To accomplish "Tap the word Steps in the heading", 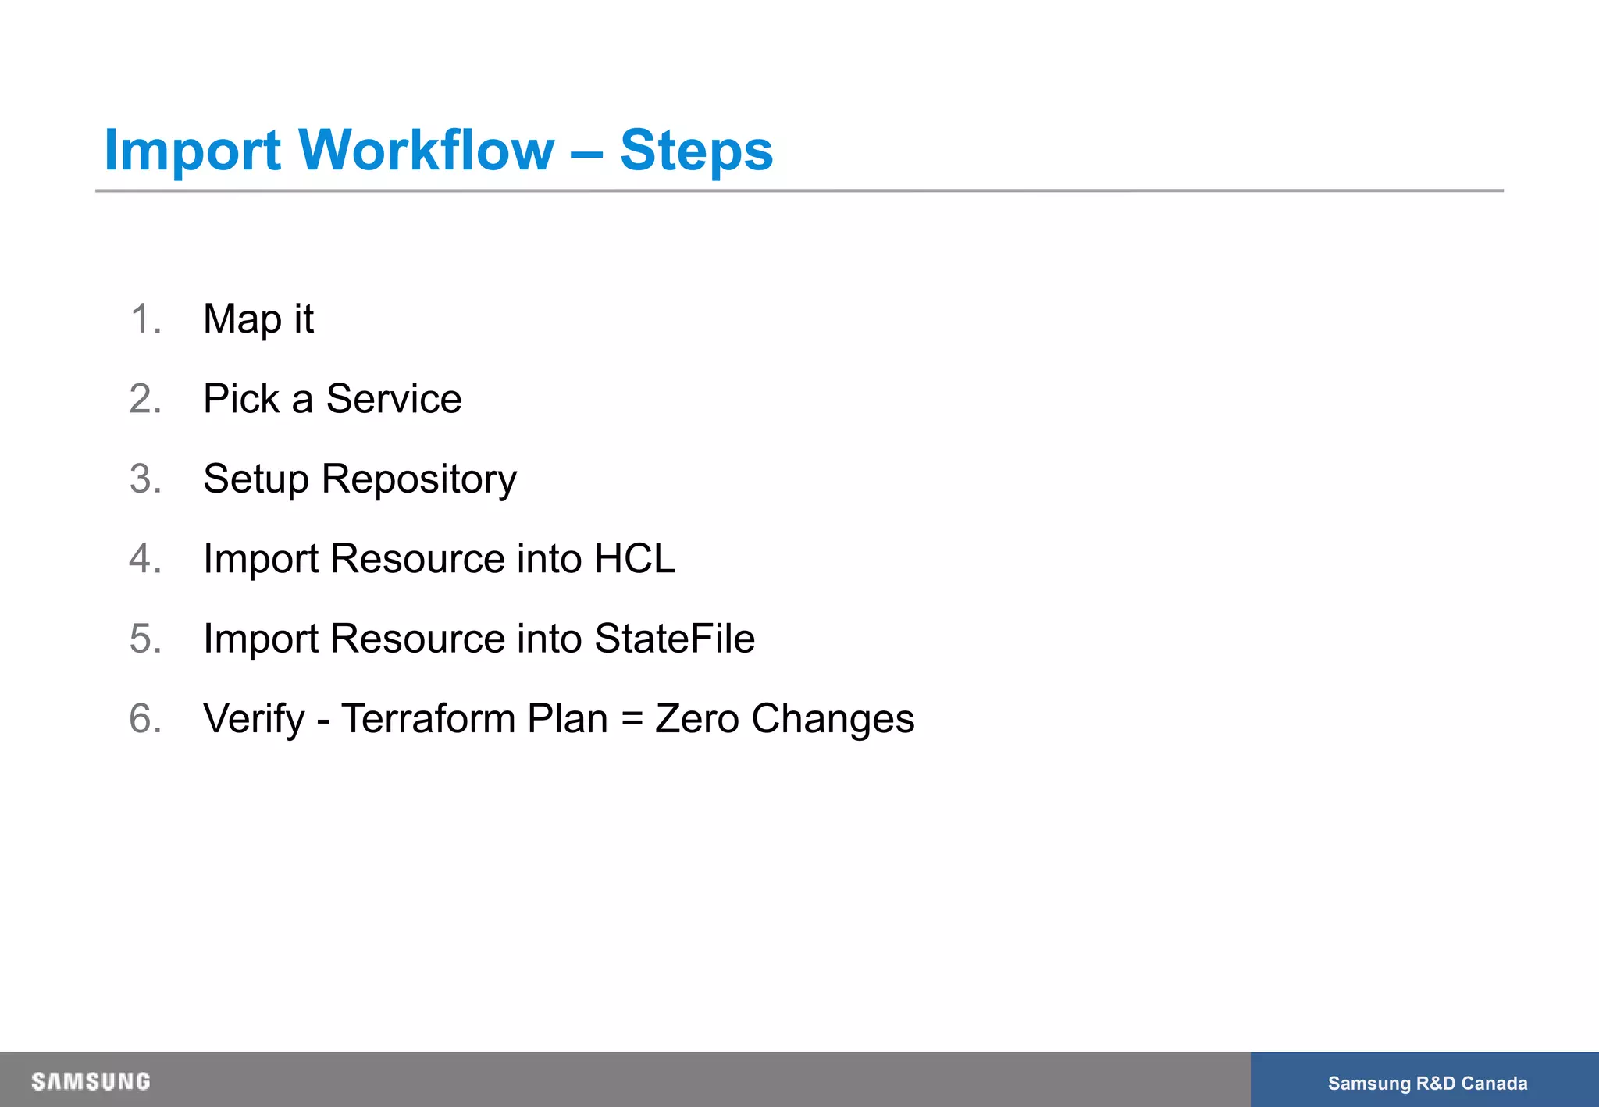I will coord(696,150).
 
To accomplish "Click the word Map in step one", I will coord(242,319).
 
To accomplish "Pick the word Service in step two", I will coord(394,399).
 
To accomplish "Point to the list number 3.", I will coord(145,479).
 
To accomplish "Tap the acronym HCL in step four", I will coord(634,559).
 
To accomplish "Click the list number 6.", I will coord(145,718).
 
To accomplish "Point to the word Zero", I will coord(696,718).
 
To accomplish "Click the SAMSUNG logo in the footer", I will coord(91,1081).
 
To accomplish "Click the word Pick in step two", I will coord(240,399).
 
